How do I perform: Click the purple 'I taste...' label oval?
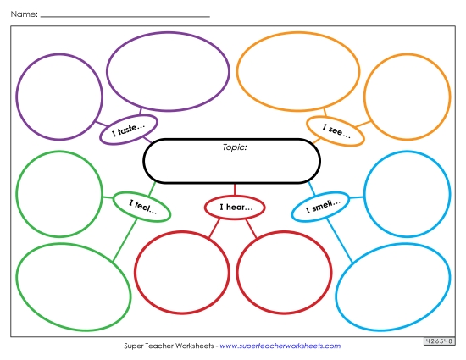129,130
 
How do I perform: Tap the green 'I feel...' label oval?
142,205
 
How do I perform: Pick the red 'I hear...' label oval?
235,207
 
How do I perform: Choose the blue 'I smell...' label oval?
321,206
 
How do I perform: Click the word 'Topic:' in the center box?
234,147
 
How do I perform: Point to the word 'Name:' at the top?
24,14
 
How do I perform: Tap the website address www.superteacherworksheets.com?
280,346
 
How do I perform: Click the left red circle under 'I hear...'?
181,272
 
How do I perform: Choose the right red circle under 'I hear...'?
283,272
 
